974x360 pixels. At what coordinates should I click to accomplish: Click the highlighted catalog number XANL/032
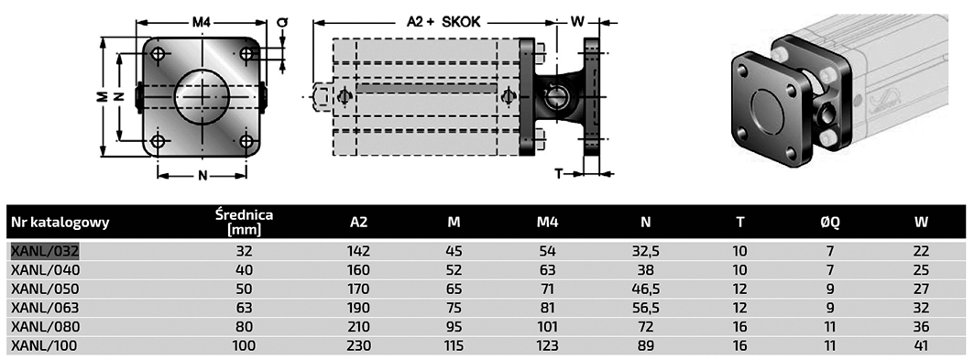click(x=45, y=251)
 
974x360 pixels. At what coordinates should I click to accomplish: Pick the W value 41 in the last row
click(x=921, y=345)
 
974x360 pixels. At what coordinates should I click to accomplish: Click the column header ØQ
click(x=830, y=223)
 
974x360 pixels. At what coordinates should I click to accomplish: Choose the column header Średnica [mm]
click(x=244, y=223)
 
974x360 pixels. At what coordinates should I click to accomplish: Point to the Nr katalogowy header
click(x=60, y=223)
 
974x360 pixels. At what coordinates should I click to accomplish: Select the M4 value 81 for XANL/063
click(x=548, y=308)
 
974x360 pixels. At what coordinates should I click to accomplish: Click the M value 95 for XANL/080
click(x=454, y=326)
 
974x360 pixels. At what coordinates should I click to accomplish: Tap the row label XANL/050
click(x=45, y=289)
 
